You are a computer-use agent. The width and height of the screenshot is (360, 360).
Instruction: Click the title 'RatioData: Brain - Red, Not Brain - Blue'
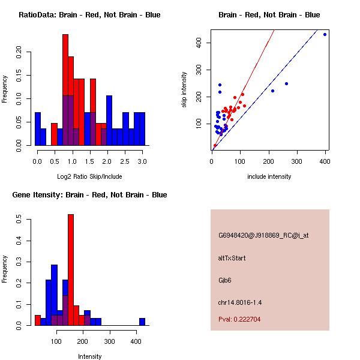(89, 15)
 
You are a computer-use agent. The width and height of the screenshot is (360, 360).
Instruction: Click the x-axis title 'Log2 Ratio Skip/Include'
(89, 176)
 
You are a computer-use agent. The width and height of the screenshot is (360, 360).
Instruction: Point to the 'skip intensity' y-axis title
(184, 90)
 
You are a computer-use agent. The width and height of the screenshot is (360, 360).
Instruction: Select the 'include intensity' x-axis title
(269, 176)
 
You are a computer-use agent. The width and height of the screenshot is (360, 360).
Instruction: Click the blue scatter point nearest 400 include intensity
(325, 34)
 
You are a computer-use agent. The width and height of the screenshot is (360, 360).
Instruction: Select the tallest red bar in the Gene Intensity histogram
(70, 270)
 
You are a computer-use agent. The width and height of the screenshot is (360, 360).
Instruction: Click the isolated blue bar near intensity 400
(142, 322)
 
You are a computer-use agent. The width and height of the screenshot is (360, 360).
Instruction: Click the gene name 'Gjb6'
(226, 280)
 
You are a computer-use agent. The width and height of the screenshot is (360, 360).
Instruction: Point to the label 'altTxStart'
(232, 258)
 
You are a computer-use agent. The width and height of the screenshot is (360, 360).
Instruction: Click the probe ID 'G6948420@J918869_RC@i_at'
(263, 236)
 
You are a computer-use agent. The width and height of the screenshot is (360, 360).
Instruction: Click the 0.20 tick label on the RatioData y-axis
(20, 52)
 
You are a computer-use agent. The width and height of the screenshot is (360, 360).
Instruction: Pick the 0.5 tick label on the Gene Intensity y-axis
(20, 221)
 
